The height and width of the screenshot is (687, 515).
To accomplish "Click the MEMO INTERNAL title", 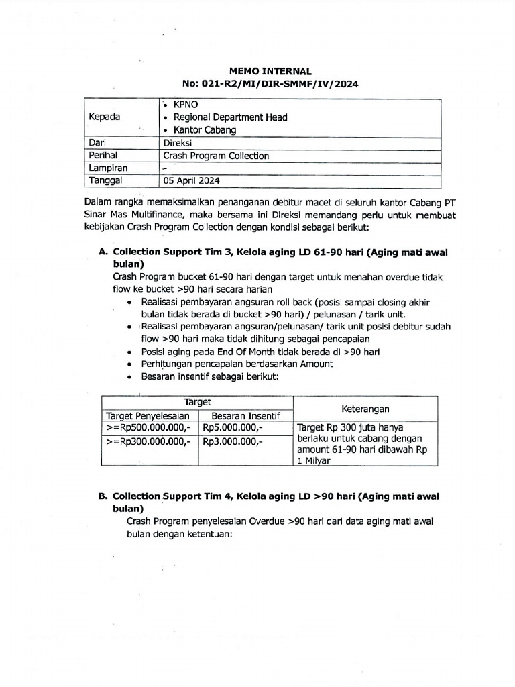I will [x=271, y=71].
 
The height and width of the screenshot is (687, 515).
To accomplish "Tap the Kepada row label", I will [x=105, y=117].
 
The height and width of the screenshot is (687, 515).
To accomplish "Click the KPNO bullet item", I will [x=186, y=105].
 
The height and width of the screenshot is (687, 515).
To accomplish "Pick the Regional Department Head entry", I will [x=230, y=117].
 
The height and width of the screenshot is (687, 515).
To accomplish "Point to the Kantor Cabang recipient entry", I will [x=205, y=130].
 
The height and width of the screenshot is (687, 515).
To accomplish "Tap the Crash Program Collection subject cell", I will [x=216, y=156].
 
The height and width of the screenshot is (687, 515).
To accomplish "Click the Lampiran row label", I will [x=108, y=168].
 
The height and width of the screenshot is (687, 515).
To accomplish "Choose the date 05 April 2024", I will [x=191, y=180].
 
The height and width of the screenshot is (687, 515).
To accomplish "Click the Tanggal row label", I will [x=106, y=180].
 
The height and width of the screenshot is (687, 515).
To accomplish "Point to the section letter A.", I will [x=103, y=252].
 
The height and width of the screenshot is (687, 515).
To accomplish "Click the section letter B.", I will [x=103, y=497].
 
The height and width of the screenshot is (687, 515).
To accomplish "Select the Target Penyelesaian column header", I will [x=148, y=416].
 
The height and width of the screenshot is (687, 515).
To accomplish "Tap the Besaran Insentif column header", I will [x=245, y=416].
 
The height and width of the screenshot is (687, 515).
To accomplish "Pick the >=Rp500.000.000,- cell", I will [x=148, y=428].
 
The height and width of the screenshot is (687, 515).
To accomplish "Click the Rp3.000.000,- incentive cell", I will [x=233, y=442].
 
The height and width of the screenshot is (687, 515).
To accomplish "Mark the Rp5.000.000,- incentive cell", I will [x=233, y=428].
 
